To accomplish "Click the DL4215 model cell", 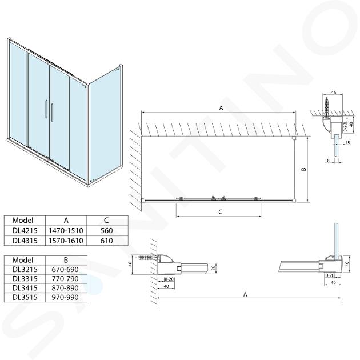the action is pyautogui.click(x=25, y=230).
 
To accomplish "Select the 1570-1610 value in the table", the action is pyautogui.click(x=66, y=241).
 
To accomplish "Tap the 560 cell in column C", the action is pyautogui.click(x=106, y=230).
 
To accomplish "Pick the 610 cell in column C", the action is pyautogui.click(x=106, y=241).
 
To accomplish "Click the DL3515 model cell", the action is pyautogui.click(x=25, y=297).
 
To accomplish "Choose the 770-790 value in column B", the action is pyautogui.click(x=65, y=279).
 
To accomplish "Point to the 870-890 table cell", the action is pyautogui.click(x=65, y=288).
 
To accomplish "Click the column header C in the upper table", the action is pyautogui.click(x=106, y=221).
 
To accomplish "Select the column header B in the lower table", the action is pyautogui.click(x=66, y=260).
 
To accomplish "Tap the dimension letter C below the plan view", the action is pyautogui.click(x=220, y=211).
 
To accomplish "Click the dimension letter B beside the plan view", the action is pyautogui.click(x=303, y=169).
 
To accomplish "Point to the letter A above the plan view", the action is pyautogui.click(x=221, y=107).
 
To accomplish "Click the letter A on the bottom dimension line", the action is pyautogui.click(x=245, y=294).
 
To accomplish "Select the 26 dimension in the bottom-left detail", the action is pyautogui.click(x=214, y=267).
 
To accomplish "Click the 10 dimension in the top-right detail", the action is pyautogui.click(x=348, y=142).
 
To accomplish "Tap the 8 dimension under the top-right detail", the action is pyautogui.click(x=329, y=161).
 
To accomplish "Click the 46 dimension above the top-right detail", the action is pyautogui.click(x=334, y=93).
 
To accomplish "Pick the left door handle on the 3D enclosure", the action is pyautogui.click(x=46, y=109).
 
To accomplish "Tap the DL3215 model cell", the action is pyautogui.click(x=25, y=270).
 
